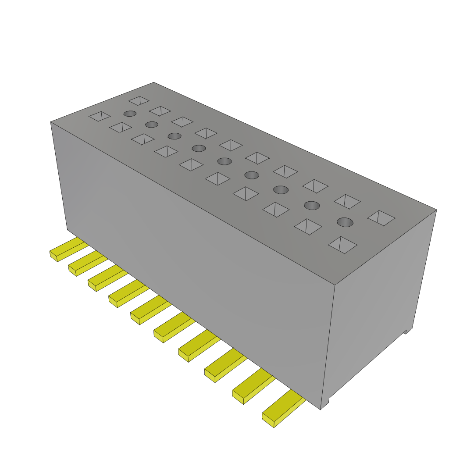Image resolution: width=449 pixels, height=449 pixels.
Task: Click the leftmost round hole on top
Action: pyautogui.click(x=130, y=114)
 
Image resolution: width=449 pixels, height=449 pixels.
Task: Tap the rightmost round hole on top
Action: pyautogui.click(x=345, y=222)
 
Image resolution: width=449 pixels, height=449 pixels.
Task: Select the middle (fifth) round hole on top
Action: pyautogui.click(x=224, y=161)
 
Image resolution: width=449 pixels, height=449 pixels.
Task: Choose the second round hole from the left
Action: pyautogui.click(x=151, y=124)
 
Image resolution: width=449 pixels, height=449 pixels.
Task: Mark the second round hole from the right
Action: pyautogui.click(x=312, y=205)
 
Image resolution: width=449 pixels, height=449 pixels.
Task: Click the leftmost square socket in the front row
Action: pyautogui.click(x=100, y=116)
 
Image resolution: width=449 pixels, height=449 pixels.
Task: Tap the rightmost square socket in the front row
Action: pyautogui.click(x=342, y=245)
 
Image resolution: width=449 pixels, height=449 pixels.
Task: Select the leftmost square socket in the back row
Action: pyautogui.click(x=139, y=101)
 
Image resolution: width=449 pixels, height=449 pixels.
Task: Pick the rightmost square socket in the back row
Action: pyautogui.click(x=381, y=218)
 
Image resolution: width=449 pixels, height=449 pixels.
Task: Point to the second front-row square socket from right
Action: pyautogui.click(x=308, y=226)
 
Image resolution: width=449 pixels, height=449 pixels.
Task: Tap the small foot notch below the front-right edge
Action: pyautogui.click(x=325, y=403)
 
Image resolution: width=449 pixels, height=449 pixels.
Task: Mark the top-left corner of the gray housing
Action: pyautogui.click(x=51, y=122)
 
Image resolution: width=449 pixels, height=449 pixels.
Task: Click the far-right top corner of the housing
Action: pyautogui.click(x=436, y=210)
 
